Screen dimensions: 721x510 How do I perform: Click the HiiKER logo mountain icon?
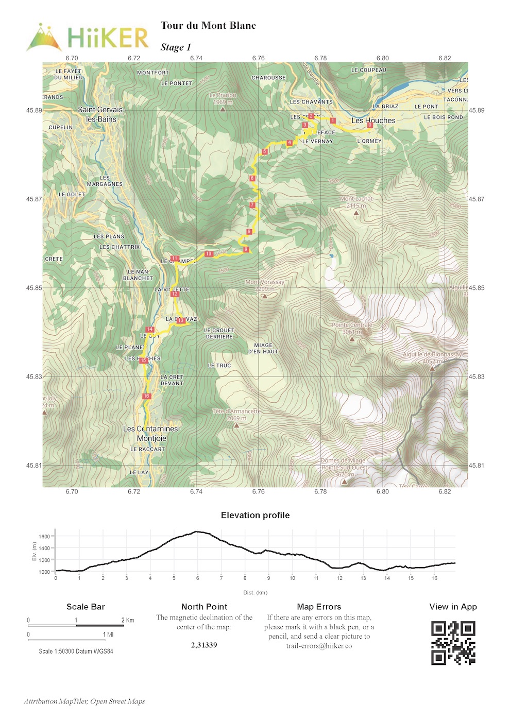coord(44,37)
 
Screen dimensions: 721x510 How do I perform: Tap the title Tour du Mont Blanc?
coord(208,26)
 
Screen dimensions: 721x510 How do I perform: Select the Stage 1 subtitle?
coord(176,47)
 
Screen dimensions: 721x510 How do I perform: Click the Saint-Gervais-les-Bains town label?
coord(101,114)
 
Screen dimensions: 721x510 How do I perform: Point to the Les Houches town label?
coord(373,121)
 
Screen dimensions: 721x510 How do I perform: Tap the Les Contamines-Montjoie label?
coord(151,434)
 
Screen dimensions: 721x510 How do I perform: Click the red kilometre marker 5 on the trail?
coord(265,151)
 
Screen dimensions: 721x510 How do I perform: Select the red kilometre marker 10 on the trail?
coord(209,254)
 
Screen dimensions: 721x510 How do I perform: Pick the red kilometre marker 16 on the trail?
coord(146,396)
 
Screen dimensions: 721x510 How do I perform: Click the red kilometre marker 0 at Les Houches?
coord(369,125)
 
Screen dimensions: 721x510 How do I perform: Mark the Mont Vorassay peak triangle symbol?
coord(264,296)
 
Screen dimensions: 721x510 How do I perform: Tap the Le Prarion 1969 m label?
coord(223,98)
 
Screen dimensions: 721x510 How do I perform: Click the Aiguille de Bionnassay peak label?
coord(432,358)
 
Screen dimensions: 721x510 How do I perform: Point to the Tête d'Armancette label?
coord(236,415)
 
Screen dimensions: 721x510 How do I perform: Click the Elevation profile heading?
coord(255,516)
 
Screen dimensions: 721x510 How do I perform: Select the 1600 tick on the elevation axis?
coord(44,537)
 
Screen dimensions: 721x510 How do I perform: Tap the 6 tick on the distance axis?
coord(197,578)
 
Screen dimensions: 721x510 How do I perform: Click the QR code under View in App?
coord(453,643)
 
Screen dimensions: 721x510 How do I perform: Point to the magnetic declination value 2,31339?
coord(204,645)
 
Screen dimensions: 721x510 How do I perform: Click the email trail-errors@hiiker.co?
coord(319,646)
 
